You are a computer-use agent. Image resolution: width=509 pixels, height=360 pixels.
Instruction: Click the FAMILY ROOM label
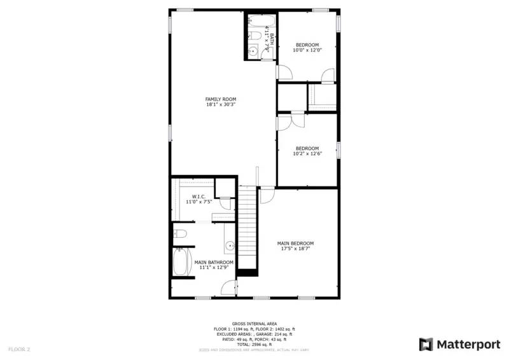[220, 99]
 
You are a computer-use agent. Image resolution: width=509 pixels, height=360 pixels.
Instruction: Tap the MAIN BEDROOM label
[295, 244]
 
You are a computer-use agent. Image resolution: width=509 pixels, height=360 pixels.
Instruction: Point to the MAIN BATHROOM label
[214, 262]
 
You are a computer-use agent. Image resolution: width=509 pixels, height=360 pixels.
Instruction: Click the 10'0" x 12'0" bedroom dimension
[307, 50]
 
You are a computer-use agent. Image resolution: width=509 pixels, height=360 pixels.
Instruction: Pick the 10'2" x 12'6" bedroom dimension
[307, 154]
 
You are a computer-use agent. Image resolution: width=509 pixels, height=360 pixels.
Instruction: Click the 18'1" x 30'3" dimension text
[220, 105]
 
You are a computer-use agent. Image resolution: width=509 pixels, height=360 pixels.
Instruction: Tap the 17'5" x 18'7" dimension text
[295, 249]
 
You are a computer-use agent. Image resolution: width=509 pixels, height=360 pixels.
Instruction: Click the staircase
[247, 229]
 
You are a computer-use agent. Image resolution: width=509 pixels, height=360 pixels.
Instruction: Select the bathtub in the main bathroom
[183, 262]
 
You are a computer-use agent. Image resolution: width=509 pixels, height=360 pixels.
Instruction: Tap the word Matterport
[468, 345]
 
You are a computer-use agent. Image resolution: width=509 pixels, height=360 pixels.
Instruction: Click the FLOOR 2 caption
[19, 349]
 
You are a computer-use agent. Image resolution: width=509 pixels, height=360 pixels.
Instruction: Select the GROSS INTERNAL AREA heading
[254, 324]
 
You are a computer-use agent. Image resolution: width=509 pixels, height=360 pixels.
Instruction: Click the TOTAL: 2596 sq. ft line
[254, 344]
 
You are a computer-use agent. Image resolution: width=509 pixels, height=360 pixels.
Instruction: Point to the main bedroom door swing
[267, 195]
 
